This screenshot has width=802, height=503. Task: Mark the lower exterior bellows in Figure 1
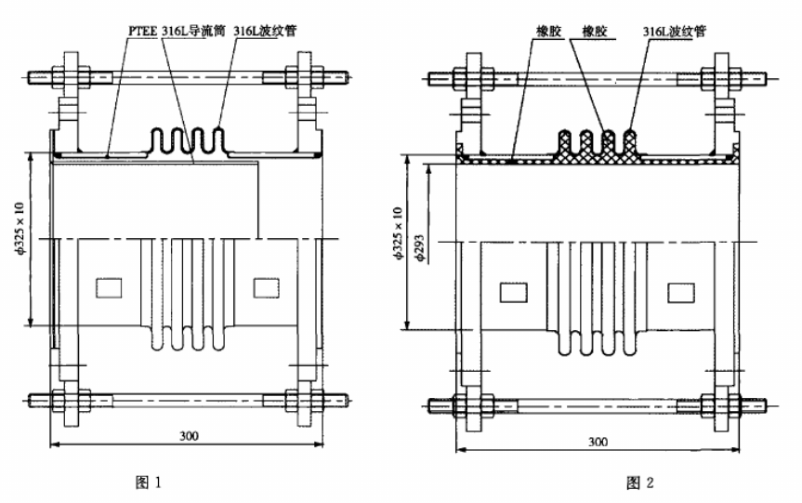185,338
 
